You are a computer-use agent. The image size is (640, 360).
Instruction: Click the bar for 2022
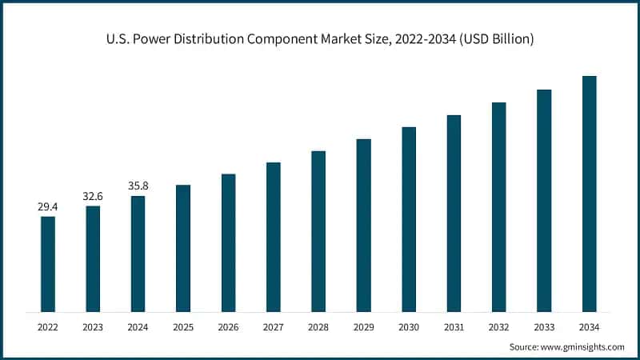(48, 264)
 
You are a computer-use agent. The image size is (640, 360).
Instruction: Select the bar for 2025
(183, 248)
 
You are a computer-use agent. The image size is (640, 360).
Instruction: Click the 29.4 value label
(48, 207)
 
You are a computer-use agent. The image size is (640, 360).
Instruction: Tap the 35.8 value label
(138, 186)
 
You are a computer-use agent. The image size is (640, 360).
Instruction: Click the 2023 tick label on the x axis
(93, 326)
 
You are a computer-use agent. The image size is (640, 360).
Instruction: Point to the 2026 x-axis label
(228, 326)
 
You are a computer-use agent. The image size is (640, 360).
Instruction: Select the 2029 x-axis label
(363, 326)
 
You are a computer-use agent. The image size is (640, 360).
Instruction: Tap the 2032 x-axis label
(498, 326)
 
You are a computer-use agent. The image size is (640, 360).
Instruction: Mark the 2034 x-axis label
(589, 326)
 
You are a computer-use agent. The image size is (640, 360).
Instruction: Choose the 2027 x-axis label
(274, 326)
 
